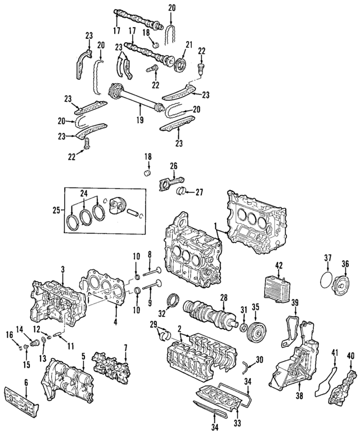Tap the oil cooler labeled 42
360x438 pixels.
click(274, 288)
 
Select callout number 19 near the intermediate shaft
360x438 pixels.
click(140, 119)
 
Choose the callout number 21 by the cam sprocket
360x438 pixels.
click(189, 44)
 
